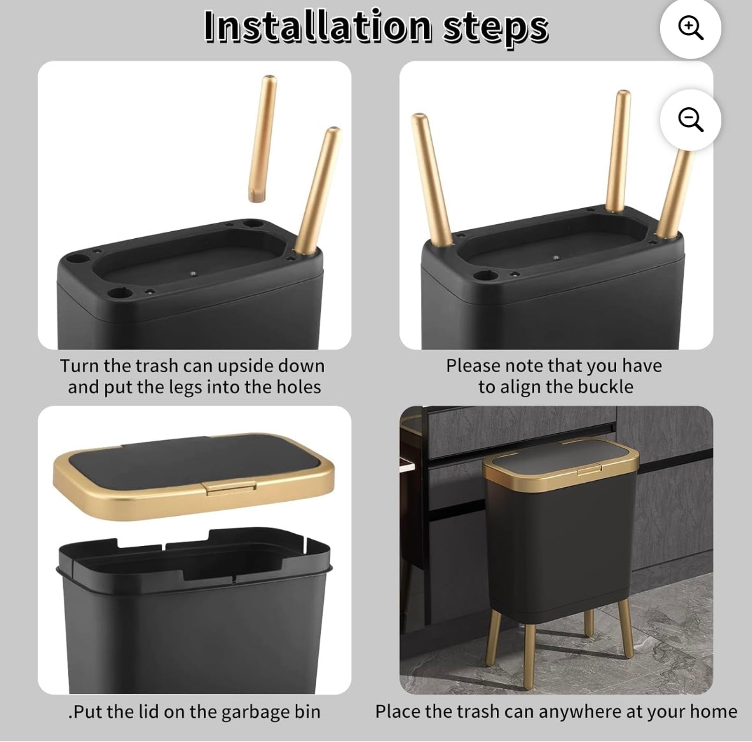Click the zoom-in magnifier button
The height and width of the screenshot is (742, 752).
point(690,28)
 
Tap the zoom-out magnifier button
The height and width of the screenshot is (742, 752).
point(690,119)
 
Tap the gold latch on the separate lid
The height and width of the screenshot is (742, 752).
point(230,487)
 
